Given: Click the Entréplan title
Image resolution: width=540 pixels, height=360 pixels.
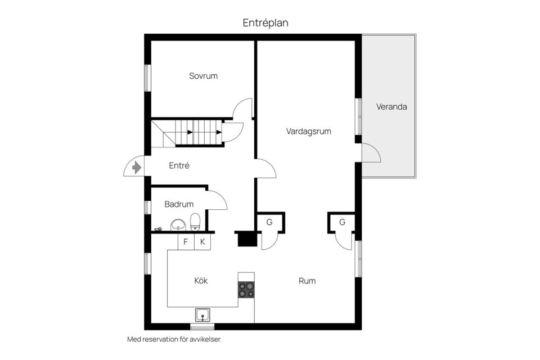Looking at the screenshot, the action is [265, 23].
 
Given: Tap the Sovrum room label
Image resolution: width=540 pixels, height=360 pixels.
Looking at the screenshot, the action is [203, 76].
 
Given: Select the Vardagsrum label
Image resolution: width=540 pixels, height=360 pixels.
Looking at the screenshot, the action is [309, 131].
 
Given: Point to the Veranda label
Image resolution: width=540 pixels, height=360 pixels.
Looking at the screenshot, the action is [391, 107].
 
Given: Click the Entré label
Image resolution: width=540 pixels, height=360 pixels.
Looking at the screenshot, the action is [179, 166].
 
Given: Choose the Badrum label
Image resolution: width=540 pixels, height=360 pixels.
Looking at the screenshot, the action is [179, 204].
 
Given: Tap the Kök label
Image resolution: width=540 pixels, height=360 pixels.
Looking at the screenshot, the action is [201, 281].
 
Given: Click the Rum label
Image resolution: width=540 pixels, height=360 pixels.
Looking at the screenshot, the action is [307, 281].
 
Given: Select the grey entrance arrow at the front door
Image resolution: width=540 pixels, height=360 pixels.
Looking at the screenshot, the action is [137, 168].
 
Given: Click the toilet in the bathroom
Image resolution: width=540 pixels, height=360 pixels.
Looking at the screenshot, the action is [195, 222].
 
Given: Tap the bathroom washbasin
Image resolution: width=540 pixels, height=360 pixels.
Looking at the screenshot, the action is [178, 224].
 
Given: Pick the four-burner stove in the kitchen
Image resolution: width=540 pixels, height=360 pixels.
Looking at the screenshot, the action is [246, 290].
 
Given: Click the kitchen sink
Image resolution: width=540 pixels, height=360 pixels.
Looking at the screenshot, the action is [204, 315].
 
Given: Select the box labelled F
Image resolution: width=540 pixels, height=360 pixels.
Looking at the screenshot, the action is [186, 242].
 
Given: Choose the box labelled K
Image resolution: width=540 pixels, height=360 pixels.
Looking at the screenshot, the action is [202, 242].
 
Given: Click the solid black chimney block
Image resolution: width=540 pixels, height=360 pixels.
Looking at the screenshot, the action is [247, 238].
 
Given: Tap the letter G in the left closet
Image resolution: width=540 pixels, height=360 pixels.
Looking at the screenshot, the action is [269, 222].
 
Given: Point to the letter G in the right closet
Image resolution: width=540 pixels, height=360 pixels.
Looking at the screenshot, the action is [342, 222].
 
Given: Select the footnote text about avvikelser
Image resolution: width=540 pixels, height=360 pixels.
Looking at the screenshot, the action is [174, 339].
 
